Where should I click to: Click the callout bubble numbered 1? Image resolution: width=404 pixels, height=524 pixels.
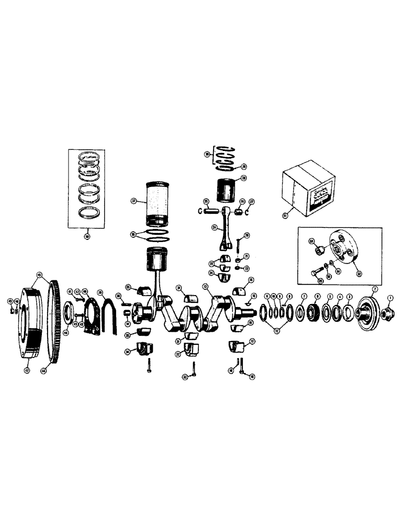tap(389, 298)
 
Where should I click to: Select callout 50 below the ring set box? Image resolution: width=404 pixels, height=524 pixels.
tap(86, 236)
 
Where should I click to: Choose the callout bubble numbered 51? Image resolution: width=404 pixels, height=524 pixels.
tap(285, 214)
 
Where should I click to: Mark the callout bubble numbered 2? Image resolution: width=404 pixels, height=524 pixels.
tap(374, 289)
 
